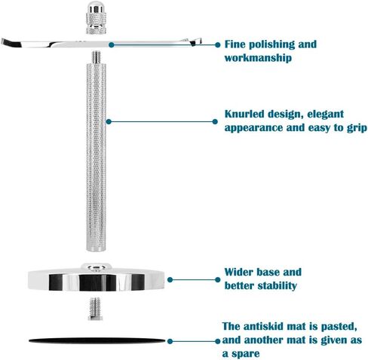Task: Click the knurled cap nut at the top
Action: click(96, 17)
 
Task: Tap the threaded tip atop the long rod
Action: click(96, 57)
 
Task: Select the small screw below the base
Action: click(95, 309)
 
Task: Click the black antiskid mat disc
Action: click(97, 340)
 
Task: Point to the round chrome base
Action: click(96, 277)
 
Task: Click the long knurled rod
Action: click(96, 157)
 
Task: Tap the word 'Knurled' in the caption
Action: click(244, 114)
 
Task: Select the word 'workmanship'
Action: click(258, 58)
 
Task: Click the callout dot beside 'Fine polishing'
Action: click(218, 45)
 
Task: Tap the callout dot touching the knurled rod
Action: click(109, 122)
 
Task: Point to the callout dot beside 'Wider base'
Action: click(218, 279)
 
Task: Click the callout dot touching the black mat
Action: click(170, 341)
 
